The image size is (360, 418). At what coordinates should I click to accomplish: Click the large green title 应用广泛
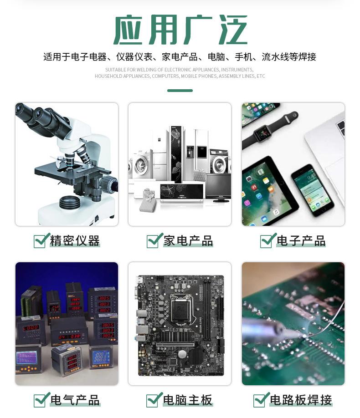point(180,31)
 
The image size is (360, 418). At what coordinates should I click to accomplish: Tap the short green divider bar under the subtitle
point(180,91)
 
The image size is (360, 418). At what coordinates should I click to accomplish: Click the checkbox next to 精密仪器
point(41,240)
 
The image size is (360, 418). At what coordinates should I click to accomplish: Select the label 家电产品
point(188,241)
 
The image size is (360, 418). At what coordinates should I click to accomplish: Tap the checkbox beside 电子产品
point(267,240)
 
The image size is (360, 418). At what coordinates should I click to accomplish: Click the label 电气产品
point(75,400)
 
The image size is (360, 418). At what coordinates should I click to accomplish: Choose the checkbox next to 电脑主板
point(154,400)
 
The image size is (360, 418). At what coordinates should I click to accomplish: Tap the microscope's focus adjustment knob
point(109,185)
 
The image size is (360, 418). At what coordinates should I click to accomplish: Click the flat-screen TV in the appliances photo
point(218,187)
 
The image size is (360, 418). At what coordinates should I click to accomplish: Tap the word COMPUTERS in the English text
point(165,76)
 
